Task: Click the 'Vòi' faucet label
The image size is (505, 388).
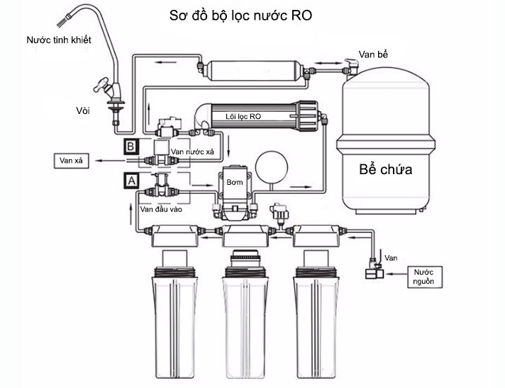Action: (82, 110)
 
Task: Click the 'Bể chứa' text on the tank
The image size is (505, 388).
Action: (385, 171)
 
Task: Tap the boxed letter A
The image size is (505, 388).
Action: (131, 180)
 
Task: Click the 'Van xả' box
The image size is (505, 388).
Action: (73, 161)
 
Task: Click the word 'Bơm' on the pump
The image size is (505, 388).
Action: (235, 182)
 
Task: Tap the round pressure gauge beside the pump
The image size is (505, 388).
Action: (270, 166)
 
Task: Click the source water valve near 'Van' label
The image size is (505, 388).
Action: (372, 271)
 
